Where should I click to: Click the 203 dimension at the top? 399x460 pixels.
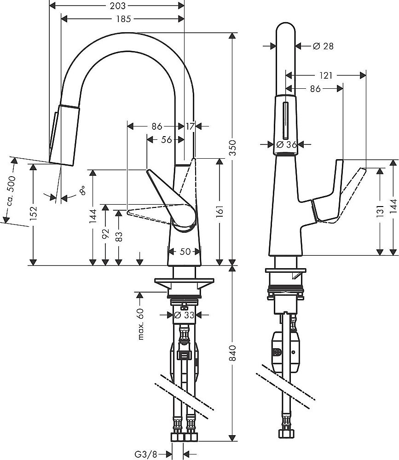[x=116, y=6]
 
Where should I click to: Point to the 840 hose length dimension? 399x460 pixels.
[x=233, y=353]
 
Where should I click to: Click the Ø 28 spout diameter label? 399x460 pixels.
[x=323, y=46]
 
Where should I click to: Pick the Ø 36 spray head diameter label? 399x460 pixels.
[x=285, y=144]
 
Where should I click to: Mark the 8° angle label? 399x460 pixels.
[x=82, y=190]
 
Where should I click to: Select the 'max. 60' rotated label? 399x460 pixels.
[x=141, y=325]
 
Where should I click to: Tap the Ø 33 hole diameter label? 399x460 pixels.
[x=184, y=315]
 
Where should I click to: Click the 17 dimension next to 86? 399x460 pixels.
[x=190, y=126]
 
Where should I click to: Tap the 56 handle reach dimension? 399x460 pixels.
[x=166, y=139]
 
